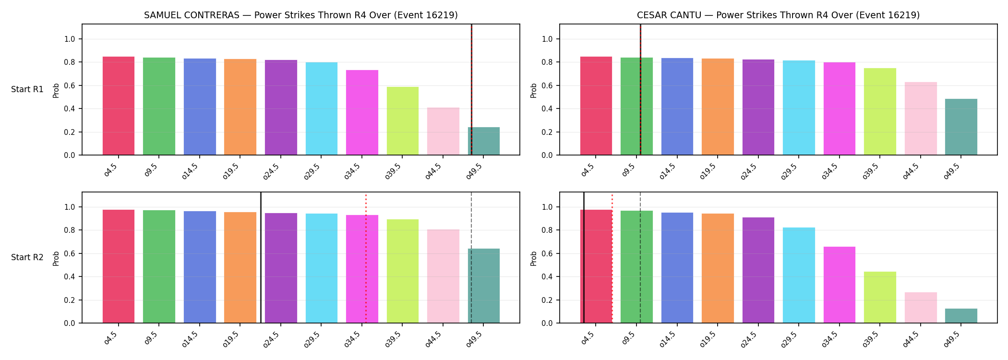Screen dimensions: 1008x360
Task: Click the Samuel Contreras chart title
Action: click(301, 15)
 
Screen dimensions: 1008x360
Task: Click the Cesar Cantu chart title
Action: click(778, 15)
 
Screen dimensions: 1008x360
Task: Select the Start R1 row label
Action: click(27, 89)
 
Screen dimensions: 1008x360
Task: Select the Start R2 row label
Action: click(27, 257)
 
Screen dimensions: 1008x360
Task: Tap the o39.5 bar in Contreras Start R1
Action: click(403, 121)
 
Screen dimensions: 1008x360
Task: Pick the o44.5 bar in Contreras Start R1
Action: click(443, 131)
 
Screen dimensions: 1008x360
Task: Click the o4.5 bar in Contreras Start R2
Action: click(119, 266)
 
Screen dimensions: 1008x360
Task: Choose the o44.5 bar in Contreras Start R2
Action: click(443, 276)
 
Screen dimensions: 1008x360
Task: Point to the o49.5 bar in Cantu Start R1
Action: click(961, 127)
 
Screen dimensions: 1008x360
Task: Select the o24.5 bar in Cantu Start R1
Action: click(758, 107)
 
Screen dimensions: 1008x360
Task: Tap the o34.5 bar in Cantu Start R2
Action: click(840, 285)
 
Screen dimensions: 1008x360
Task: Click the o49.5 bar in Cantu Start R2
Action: click(961, 316)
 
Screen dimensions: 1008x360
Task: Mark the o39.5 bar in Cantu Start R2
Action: click(880, 297)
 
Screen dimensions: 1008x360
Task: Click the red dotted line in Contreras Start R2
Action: click(366, 259)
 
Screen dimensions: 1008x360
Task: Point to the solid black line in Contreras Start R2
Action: click(261, 257)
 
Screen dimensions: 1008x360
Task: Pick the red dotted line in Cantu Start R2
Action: click(612, 259)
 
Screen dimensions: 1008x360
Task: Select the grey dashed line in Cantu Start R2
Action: click(640, 257)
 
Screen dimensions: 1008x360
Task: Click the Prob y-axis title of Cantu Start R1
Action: click(534, 90)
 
